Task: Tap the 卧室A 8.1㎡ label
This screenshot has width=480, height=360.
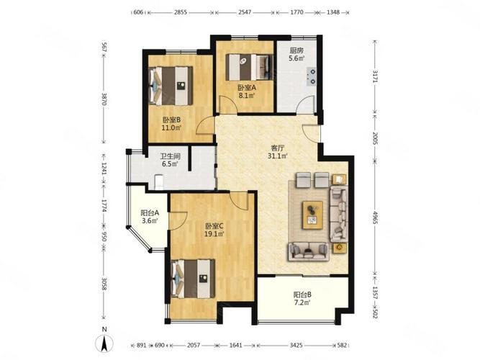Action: (247, 91)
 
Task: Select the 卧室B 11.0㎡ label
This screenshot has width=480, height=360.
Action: (171, 124)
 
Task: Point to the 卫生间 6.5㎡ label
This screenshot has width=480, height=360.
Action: (171, 160)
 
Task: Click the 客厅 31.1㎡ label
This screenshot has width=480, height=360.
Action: (278, 152)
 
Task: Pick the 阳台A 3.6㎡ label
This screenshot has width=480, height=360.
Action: (150, 217)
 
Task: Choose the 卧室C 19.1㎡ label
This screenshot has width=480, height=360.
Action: (214, 230)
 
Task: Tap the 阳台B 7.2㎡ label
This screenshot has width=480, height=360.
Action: (302, 299)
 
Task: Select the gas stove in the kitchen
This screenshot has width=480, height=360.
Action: (312, 76)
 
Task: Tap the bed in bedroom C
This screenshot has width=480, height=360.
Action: (193, 279)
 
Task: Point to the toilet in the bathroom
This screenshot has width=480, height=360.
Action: (159, 182)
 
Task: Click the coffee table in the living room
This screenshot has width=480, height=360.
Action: (312, 215)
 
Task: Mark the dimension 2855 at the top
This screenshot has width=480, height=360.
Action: (181, 12)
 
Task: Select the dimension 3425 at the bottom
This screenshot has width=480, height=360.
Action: (296, 346)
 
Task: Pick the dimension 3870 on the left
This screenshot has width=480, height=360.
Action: (104, 99)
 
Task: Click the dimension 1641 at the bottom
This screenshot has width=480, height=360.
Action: (236, 346)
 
